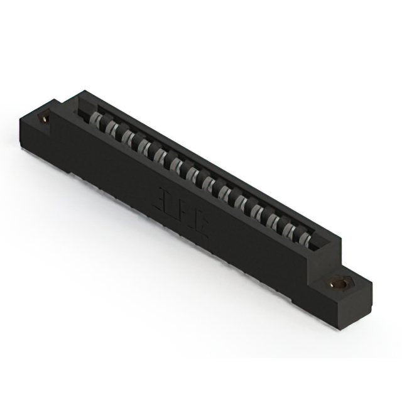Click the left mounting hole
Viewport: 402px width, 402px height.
click(45, 117)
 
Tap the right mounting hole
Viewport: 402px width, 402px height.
click(340, 283)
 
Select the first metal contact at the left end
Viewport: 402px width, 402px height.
click(95, 120)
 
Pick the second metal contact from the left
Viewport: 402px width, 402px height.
click(112, 129)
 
